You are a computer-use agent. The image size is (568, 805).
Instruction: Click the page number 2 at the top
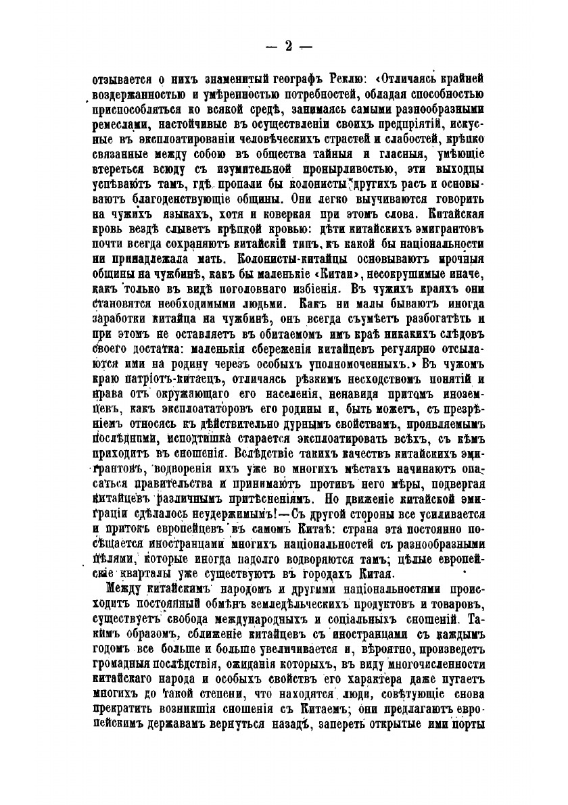pos(288,46)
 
